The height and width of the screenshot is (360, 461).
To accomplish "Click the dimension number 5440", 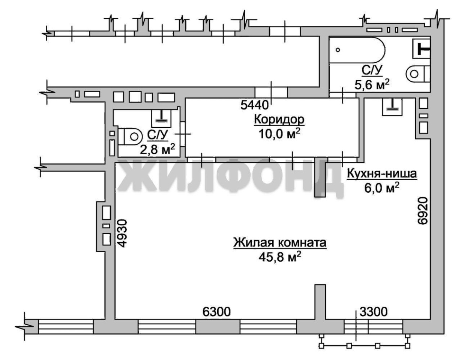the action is click(254, 105).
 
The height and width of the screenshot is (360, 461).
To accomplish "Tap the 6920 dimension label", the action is click(422, 211).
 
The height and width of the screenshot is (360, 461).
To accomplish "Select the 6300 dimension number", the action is click(216, 312).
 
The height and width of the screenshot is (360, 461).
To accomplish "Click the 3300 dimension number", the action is click(374, 312).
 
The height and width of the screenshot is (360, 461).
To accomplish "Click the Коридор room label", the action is click(279, 120).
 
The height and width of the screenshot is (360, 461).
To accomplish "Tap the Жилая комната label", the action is click(280, 243).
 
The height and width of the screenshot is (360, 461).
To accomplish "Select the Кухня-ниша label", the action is click(381, 174).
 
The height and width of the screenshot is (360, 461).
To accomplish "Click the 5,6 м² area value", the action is click(372, 84).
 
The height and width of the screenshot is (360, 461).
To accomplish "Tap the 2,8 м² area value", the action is click(158, 149).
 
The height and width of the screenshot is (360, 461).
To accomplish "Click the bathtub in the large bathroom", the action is click(357, 50).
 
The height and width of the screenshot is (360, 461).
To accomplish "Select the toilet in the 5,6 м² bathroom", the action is click(418, 74).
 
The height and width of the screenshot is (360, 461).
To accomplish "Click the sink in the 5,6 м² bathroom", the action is click(422, 49).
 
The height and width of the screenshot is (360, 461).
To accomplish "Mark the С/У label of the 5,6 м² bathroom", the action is click(372, 70).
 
